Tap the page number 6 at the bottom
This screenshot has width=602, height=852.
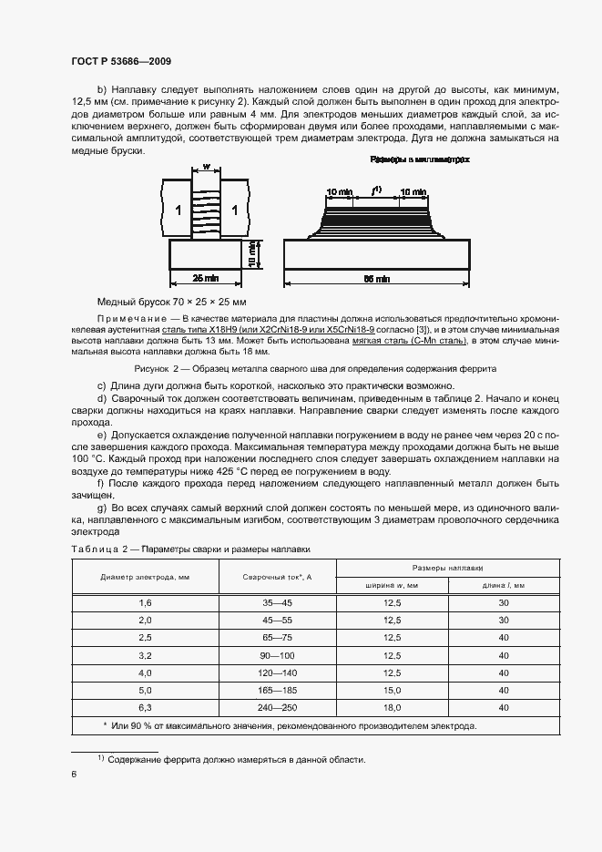click(74, 774)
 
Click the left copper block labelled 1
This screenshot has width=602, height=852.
click(179, 210)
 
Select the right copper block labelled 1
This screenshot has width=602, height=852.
click(235, 210)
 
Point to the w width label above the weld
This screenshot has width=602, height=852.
click(207, 168)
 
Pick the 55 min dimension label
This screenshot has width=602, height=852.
click(376, 277)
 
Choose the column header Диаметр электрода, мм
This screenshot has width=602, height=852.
click(146, 577)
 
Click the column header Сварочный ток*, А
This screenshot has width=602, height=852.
click(278, 577)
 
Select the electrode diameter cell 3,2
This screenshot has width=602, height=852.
click(146, 655)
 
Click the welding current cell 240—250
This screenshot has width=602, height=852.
click(278, 707)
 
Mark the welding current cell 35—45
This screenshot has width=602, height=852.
click(278, 603)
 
